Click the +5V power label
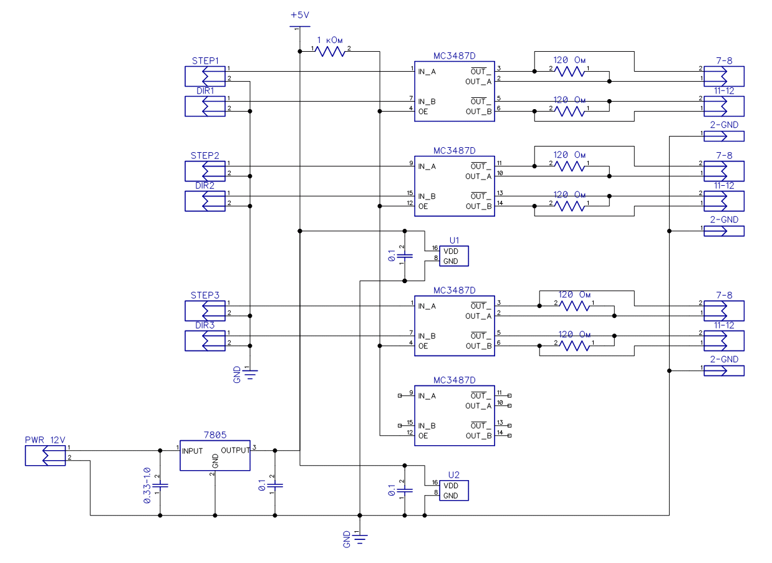click(300, 15)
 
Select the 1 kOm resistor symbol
click(330, 52)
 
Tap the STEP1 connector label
click(205, 61)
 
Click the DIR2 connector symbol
click(205, 201)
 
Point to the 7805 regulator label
click(215, 435)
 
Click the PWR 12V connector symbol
click(45, 456)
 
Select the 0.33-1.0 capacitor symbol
click(160, 486)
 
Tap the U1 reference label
click(454, 240)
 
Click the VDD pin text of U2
click(451, 486)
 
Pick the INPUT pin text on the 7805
click(192, 451)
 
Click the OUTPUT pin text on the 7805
click(235, 450)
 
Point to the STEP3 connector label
click(205, 296)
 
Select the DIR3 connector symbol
click(205, 341)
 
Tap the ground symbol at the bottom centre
click(360, 539)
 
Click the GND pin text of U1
click(451, 261)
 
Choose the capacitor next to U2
click(405, 490)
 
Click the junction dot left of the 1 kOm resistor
click(300, 52)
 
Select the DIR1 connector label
click(205, 90)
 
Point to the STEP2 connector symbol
click(205, 171)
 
